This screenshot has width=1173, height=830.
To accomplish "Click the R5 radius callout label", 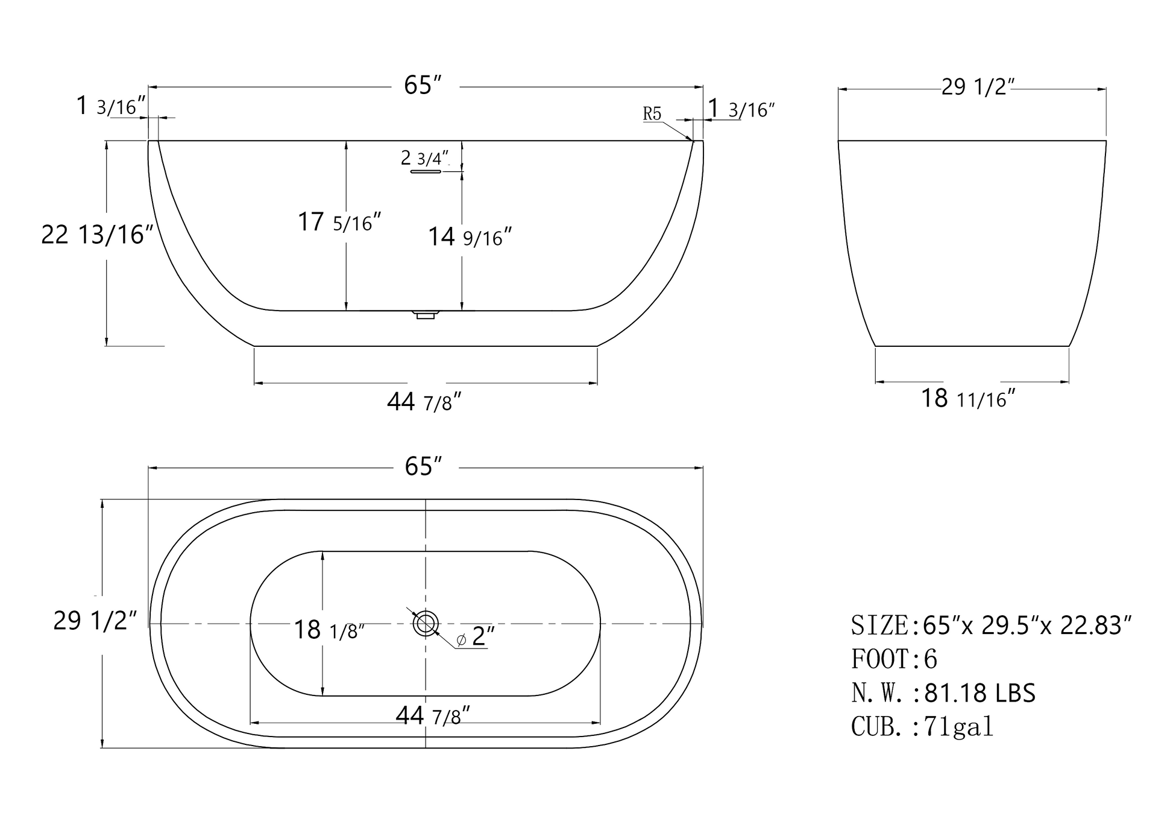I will point(652,113).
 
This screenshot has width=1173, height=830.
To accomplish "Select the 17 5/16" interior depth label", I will point(339,222).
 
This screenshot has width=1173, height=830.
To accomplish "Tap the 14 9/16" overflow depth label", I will point(470,236).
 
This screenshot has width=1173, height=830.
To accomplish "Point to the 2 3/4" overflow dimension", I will point(425,158).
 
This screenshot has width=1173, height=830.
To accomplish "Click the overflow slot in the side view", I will point(426,172).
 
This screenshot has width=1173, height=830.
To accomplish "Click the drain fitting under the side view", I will point(426,314).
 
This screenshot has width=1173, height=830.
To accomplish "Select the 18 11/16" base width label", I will point(968,399).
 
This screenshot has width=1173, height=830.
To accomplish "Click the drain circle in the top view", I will point(426,623).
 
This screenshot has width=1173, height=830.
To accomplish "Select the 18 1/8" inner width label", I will point(329,630).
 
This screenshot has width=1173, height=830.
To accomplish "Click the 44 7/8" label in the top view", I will point(432,716).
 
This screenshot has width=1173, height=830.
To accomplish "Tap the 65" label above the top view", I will point(423,466).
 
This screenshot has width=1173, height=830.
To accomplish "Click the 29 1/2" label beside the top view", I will point(95,621).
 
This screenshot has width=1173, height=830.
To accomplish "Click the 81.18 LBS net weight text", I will point(980,693).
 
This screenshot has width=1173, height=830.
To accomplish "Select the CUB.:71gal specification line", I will point(922,726).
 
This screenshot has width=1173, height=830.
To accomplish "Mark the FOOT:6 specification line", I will point(894,659).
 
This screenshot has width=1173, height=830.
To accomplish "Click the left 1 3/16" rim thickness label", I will point(111,106).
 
